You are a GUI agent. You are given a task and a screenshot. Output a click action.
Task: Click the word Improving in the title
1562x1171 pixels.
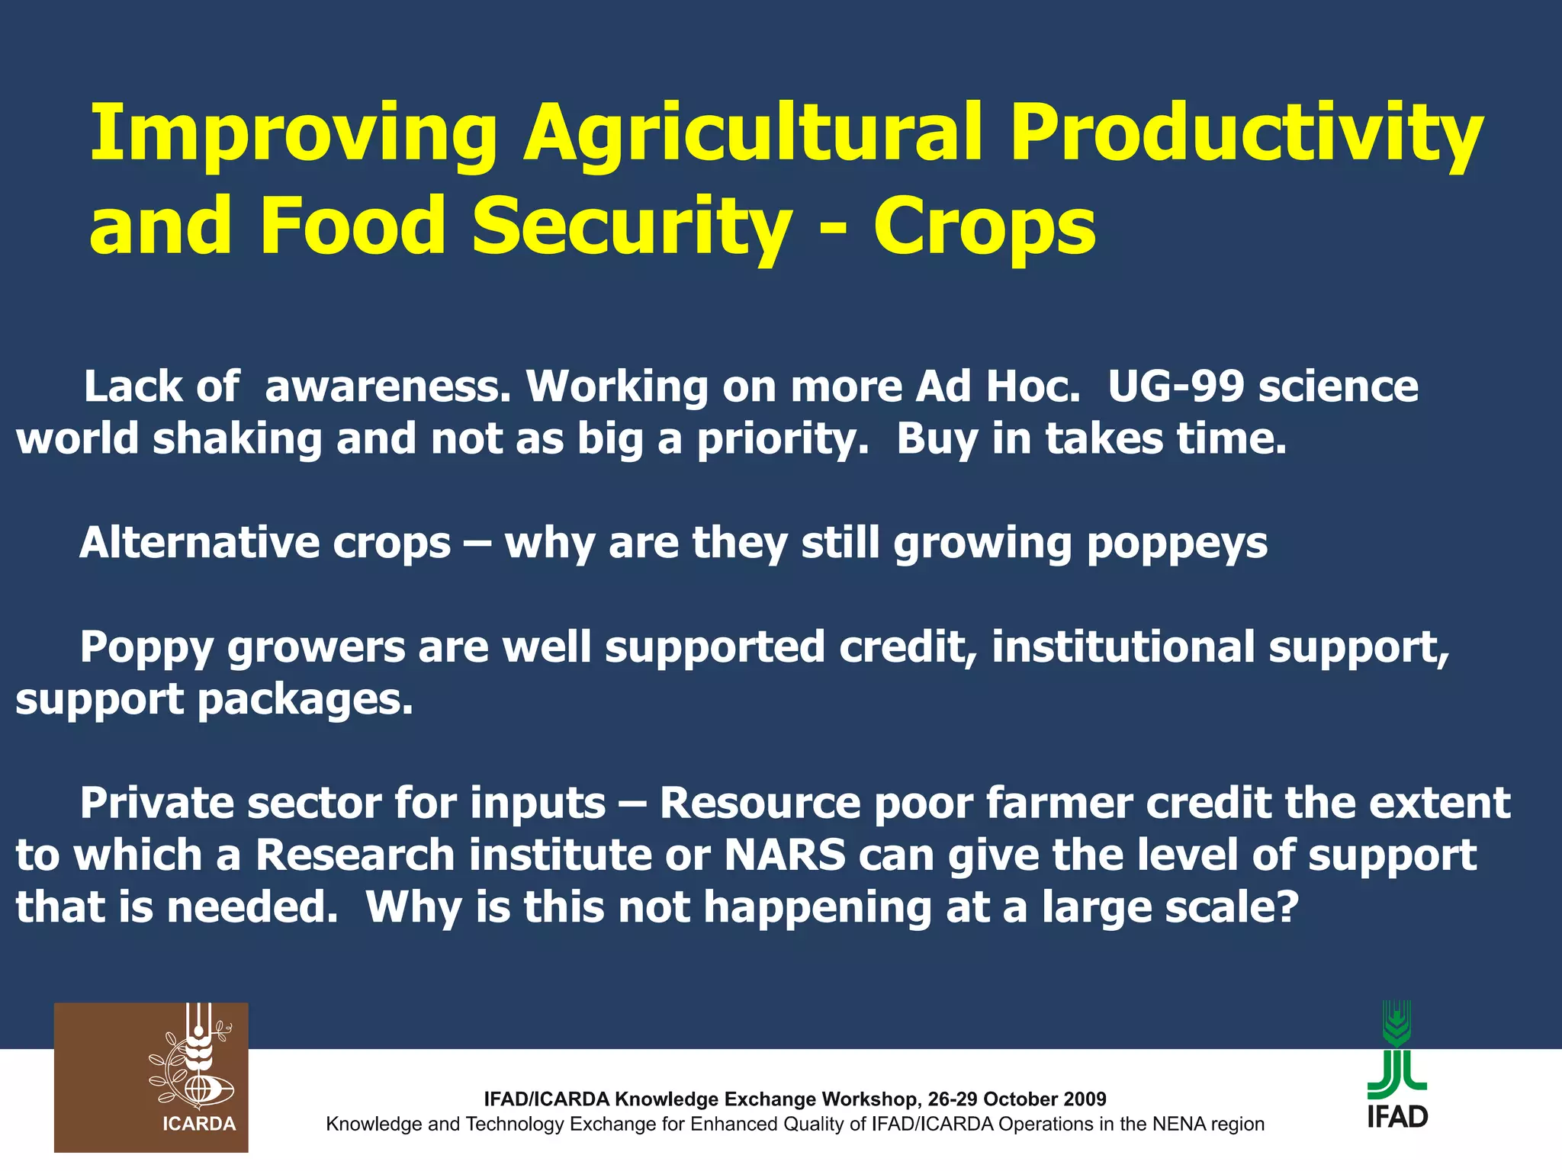294,135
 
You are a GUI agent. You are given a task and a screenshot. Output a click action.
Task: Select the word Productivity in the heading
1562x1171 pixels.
1246,135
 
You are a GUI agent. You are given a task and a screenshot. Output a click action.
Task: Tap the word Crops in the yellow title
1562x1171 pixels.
985,226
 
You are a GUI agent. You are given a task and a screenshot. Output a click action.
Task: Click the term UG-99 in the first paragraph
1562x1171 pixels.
1176,387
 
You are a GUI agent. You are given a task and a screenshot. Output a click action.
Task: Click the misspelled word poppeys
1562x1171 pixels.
1177,544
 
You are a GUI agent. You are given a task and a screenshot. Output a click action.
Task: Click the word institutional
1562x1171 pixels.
1122,647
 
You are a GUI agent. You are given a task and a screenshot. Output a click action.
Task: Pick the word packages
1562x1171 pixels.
305,701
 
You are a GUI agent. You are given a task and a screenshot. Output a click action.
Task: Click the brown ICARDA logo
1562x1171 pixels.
151,1076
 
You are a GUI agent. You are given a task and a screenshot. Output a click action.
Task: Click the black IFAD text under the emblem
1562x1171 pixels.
1397,1117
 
